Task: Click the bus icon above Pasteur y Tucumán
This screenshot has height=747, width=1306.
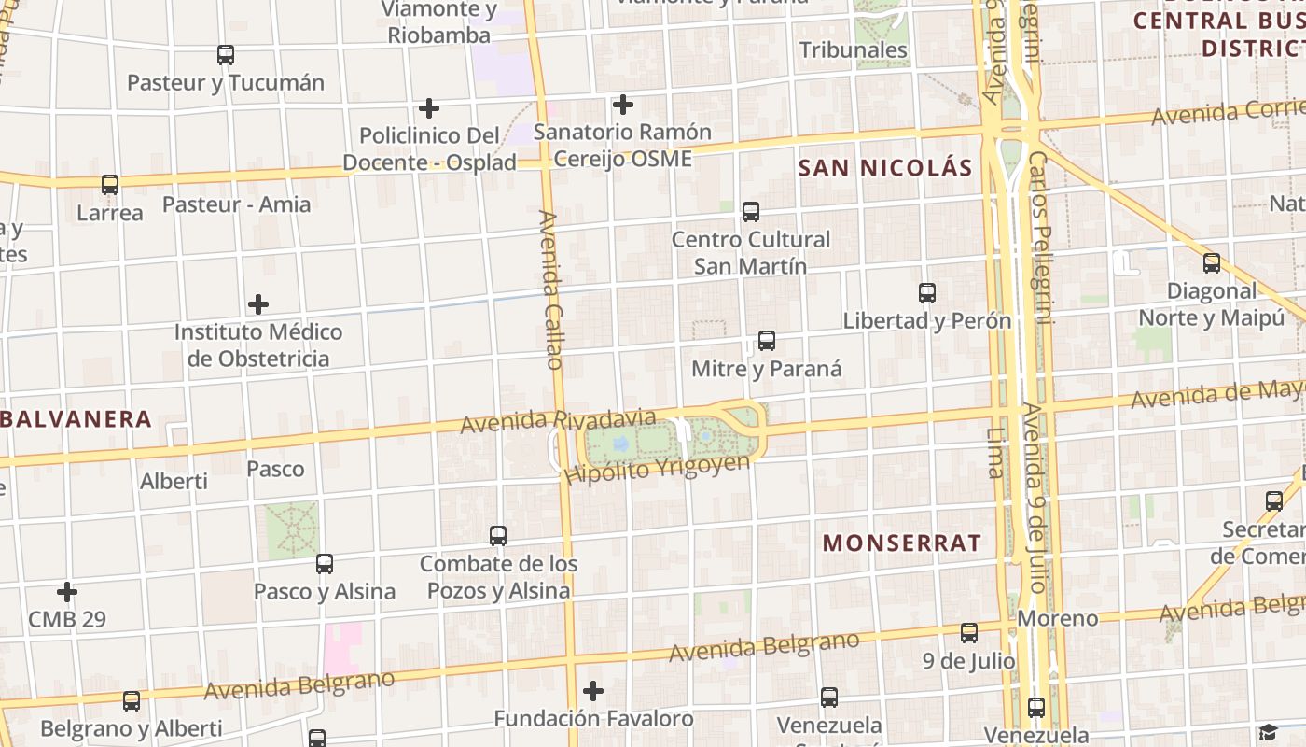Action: pos(226,55)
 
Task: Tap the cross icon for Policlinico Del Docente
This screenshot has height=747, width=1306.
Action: pos(429,108)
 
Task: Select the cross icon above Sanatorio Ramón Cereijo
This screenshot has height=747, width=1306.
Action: pos(623,105)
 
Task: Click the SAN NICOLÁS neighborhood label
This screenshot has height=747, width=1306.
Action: pos(885,168)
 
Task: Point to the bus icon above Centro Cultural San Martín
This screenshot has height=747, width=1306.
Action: pos(751,212)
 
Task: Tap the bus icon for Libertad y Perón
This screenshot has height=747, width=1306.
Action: pos(927,293)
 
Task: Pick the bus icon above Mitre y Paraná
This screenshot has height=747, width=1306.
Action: pos(767,341)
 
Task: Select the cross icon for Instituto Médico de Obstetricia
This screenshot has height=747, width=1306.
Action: pos(258,304)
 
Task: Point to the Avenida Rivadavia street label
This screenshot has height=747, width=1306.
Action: pos(558,420)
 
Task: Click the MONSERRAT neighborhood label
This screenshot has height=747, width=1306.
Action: pos(902,543)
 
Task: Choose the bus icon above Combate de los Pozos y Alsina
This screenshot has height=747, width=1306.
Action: pos(498,536)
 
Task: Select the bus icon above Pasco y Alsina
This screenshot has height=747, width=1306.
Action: pos(325,564)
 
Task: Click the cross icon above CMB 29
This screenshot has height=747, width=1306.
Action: pos(67,592)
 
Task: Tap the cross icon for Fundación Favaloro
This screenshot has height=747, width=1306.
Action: pos(593,691)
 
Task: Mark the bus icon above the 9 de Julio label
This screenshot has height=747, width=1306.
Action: pos(969,633)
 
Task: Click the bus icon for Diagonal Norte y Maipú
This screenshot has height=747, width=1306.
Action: pos(1212,263)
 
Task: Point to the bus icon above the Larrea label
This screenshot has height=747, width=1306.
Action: pos(110,185)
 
